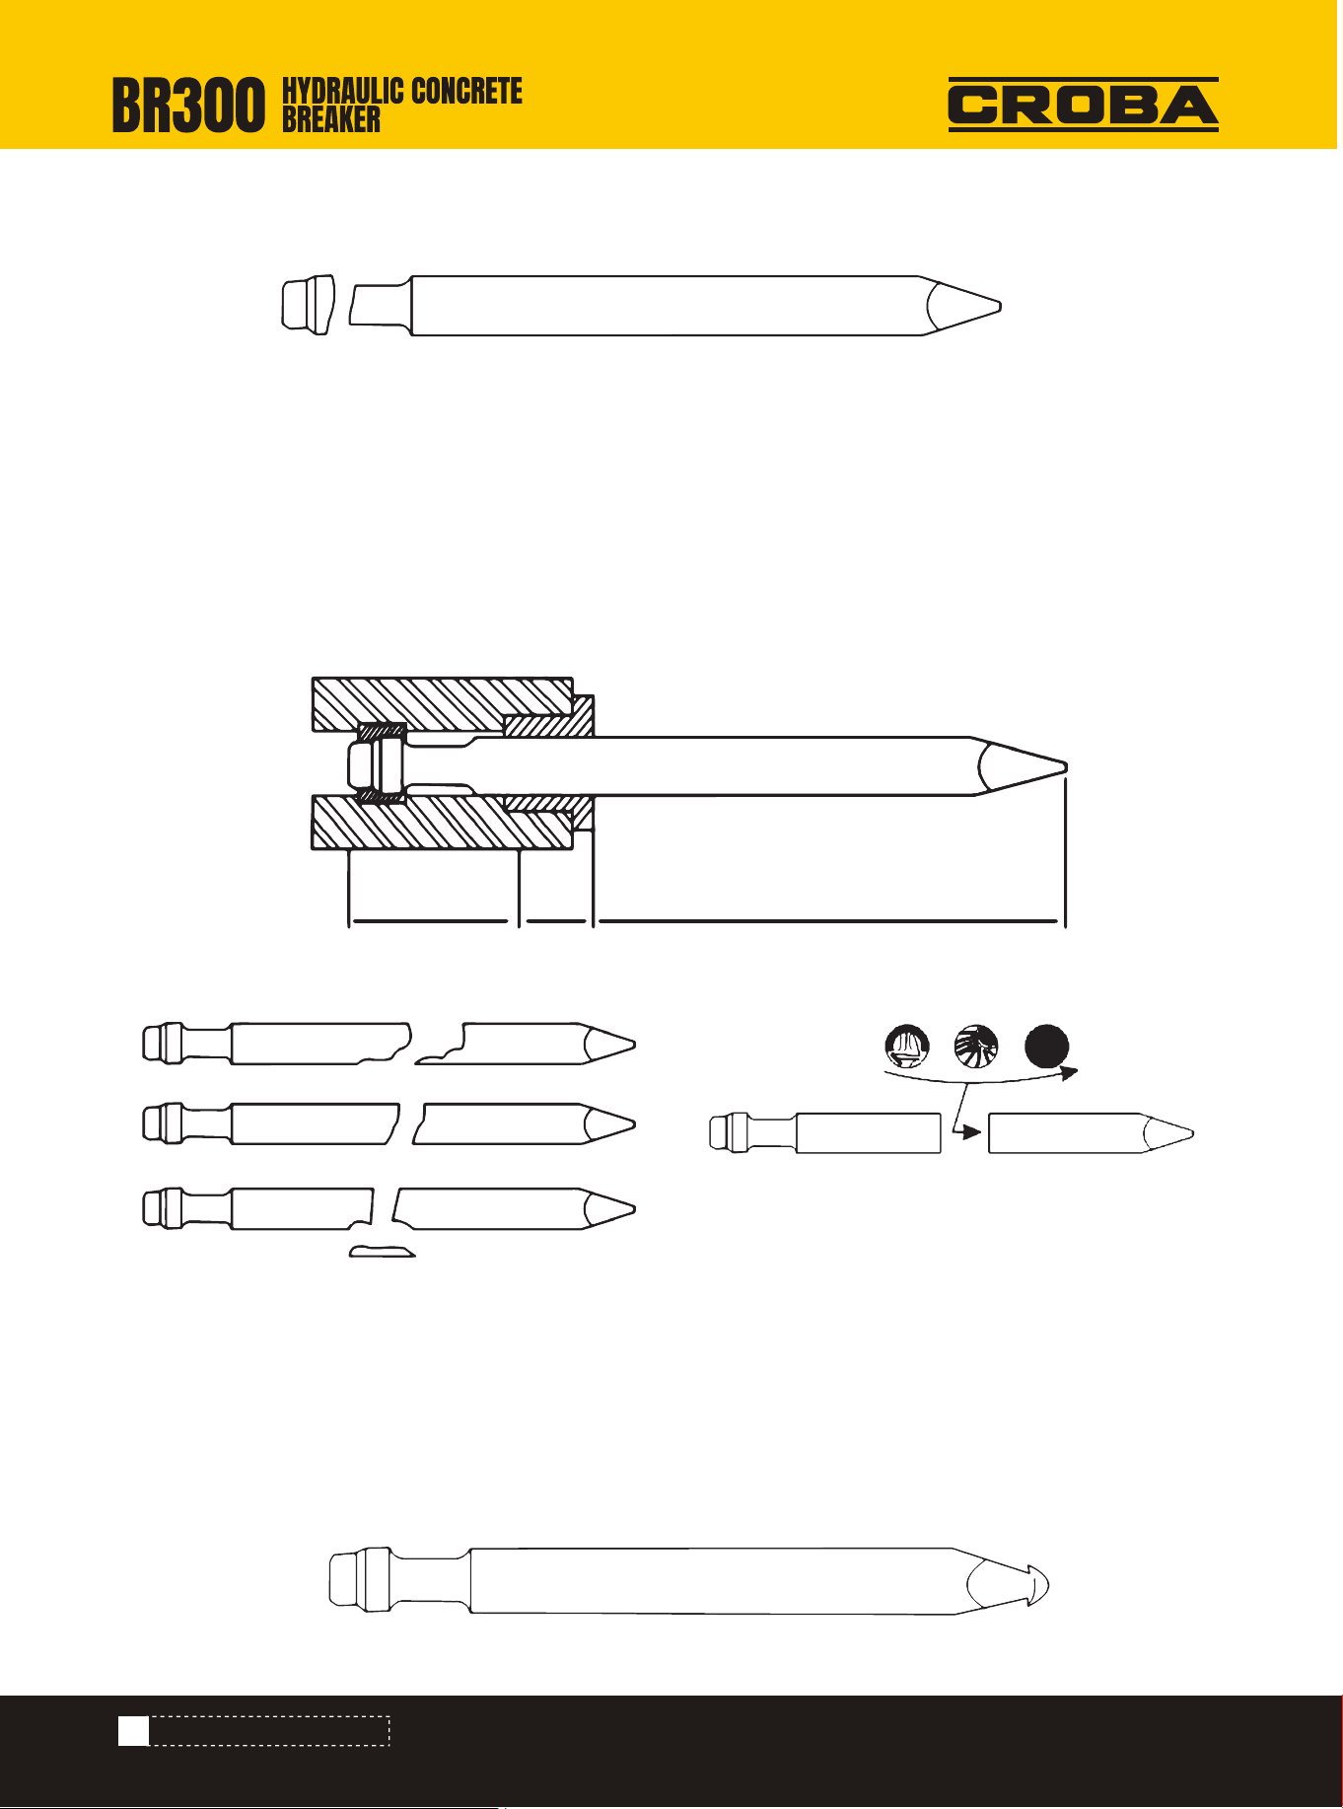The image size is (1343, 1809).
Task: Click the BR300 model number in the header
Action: pos(188,107)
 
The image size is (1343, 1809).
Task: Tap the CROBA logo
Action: pos(1083,105)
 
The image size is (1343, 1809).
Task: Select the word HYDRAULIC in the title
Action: pos(342,92)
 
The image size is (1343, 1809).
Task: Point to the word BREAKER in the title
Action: pos(331,120)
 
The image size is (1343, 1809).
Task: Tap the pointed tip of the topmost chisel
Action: pos(1000,306)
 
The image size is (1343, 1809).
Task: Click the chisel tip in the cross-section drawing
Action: pos(1065,765)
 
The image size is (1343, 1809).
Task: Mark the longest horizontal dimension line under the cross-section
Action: pos(829,921)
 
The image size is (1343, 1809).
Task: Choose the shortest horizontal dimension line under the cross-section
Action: pos(556,921)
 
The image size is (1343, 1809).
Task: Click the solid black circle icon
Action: pos(1046,1047)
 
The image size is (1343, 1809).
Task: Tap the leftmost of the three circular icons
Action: pos(907,1047)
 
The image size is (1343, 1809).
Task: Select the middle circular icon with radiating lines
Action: pos(976,1047)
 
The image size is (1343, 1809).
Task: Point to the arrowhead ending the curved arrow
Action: pos(1069,1072)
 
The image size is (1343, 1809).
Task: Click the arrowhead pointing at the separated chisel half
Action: pos(972,1132)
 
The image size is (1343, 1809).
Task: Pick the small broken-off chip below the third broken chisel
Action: pos(383,1252)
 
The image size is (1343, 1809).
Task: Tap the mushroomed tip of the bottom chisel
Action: pos(1035,1585)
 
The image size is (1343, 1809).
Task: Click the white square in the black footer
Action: pos(133,1730)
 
